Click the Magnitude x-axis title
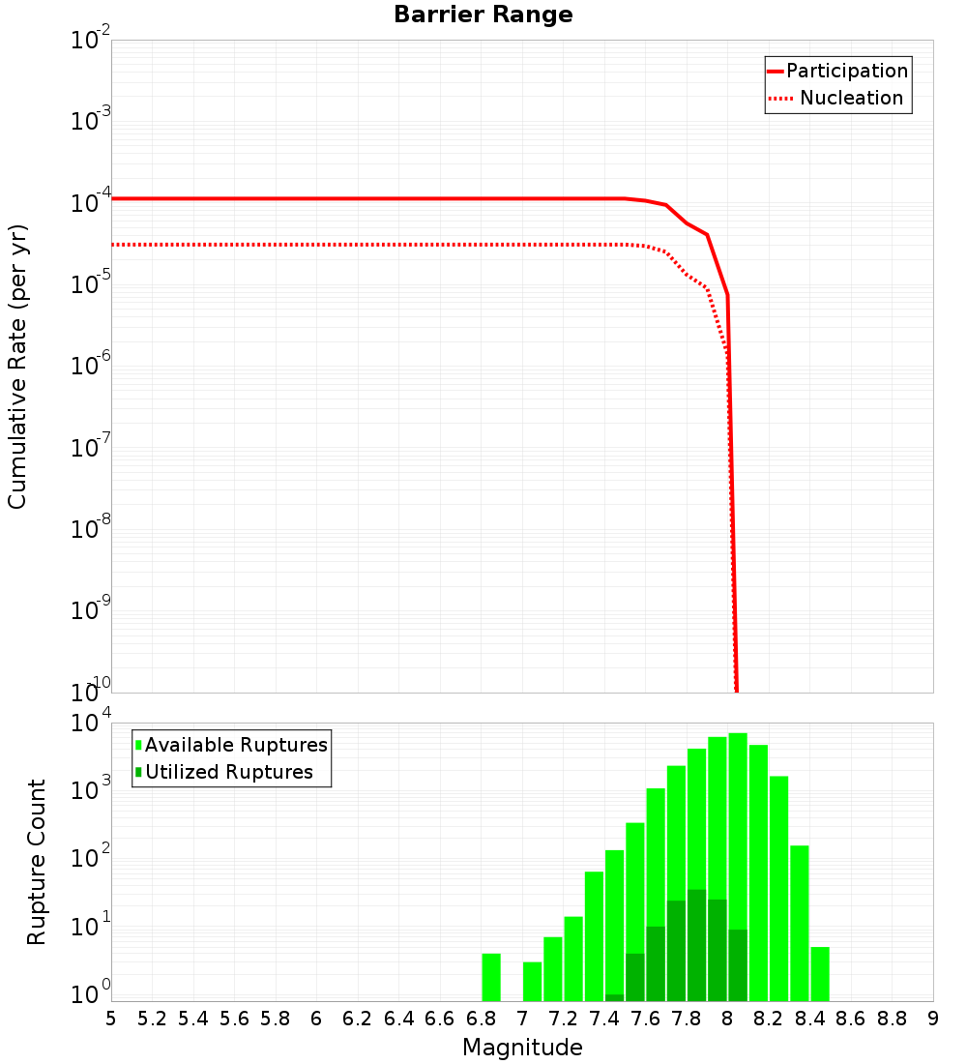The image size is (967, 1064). pos(522,1048)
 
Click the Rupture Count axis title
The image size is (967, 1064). pos(37,862)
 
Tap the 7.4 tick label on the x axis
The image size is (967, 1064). pos(604,1019)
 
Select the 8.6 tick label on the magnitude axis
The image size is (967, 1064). pos(851,1019)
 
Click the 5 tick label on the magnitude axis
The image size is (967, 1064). pos(111,1019)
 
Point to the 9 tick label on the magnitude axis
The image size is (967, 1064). pos(933,1019)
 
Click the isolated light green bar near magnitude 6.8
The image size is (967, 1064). pos(491,977)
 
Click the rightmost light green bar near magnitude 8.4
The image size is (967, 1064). pos(820,973)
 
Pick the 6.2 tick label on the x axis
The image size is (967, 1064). pos(358,1019)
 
